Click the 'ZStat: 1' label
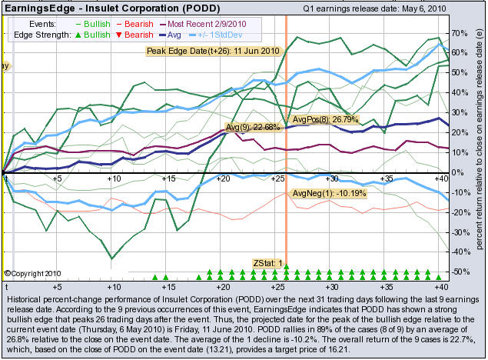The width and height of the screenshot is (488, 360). (267, 263)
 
